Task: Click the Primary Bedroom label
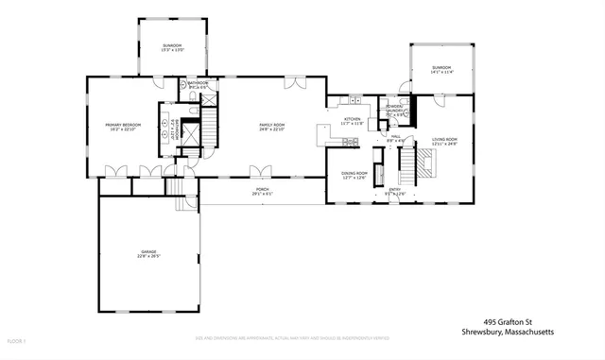(x=123, y=127)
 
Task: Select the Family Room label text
(x=272, y=127)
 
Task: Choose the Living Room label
(x=444, y=141)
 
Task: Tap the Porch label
(x=262, y=191)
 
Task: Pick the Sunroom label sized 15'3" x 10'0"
(x=171, y=46)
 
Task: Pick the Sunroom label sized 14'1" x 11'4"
(x=442, y=69)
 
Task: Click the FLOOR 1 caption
(x=16, y=340)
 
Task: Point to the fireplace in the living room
(x=426, y=166)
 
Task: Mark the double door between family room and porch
(x=255, y=171)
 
